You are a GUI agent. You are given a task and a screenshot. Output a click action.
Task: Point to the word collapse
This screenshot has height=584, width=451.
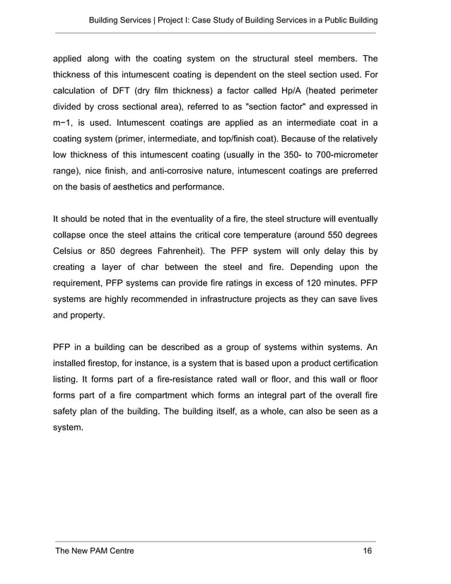click(x=73, y=236)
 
